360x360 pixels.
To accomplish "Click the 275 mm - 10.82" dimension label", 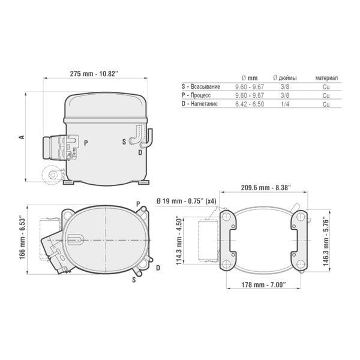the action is click(94, 74).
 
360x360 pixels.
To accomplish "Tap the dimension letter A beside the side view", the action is click(22, 137).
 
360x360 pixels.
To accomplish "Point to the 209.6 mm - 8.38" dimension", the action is click(266, 188).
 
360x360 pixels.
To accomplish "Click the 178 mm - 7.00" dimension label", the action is click(263, 284).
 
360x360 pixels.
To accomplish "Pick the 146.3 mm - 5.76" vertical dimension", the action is click(326, 242).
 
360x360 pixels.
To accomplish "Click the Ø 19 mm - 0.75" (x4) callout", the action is click(187, 202).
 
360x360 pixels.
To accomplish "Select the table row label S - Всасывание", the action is click(200, 86).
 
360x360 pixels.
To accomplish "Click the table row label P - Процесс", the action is click(196, 95).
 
